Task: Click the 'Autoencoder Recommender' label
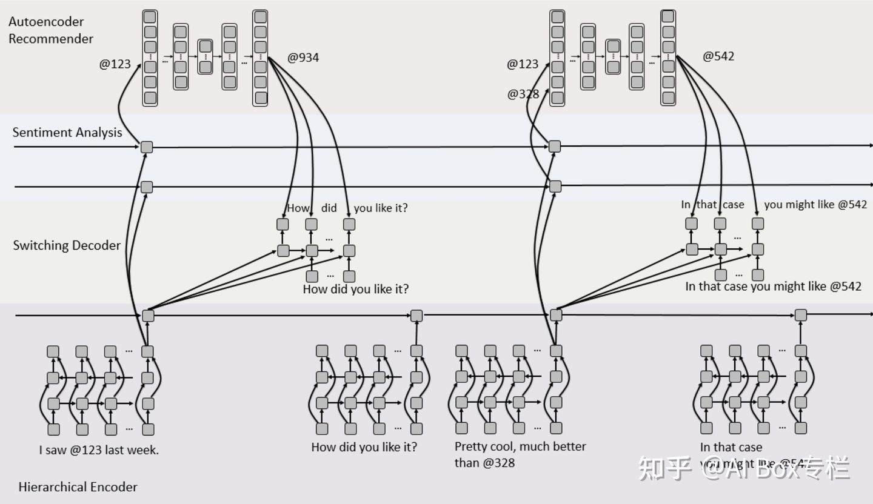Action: (x=51, y=30)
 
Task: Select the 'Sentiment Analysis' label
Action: (x=67, y=133)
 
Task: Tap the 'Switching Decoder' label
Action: (x=67, y=245)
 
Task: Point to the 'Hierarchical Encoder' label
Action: (x=78, y=487)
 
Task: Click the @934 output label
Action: (x=303, y=58)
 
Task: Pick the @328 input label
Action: (x=523, y=94)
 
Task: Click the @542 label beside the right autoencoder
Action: (x=718, y=56)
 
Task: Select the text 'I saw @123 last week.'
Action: (x=99, y=450)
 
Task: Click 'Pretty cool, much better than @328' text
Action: (x=520, y=454)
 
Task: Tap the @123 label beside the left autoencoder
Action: (x=115, y=64)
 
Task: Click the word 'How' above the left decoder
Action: (x=298, y=208)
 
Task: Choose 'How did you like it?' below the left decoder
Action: (x=356, y=290)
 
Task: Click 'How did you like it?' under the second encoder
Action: (x=364, y=447)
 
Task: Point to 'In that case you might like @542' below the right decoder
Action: (x=773, y=287)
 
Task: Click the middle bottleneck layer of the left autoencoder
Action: (x=206, y=56)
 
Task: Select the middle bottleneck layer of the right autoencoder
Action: (x=613, y=56)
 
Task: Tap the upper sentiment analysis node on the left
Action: (x=147, y=147)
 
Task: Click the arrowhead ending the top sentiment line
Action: (x=870, y=145)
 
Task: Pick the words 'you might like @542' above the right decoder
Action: (x=815, y=205)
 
